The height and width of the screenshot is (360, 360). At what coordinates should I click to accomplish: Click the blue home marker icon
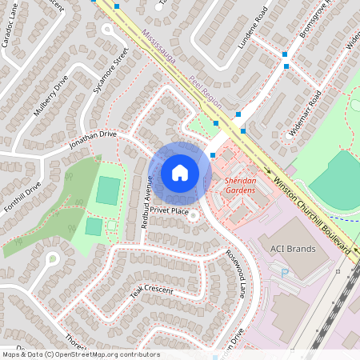pyautogui.click(x=180, y=173)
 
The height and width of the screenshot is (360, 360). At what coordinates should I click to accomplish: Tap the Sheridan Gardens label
pyautogui.click(x=240, y=186)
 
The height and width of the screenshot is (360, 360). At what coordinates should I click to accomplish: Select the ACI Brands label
pyautogui.click(x=294, y=249)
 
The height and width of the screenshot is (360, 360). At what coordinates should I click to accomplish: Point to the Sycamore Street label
pyautogui.click(x=110, y=70)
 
